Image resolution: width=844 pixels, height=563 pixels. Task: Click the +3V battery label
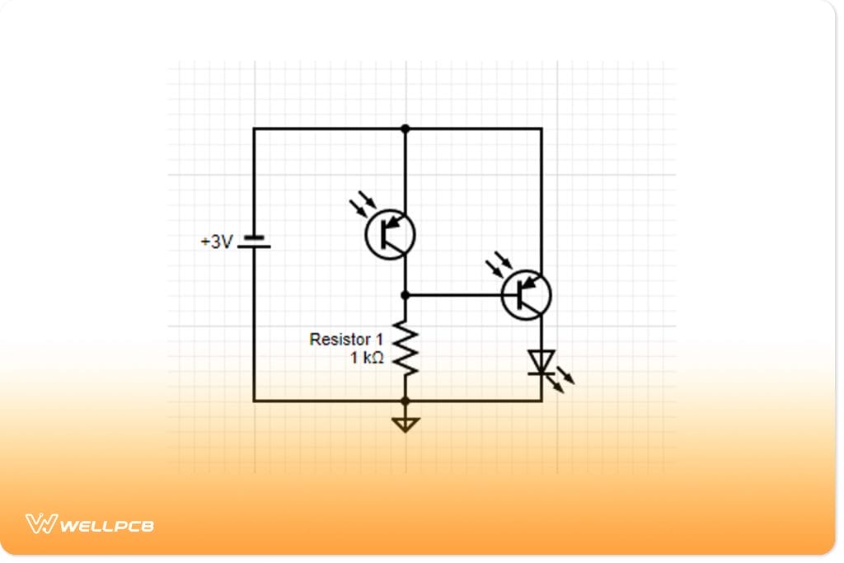pos(217,242)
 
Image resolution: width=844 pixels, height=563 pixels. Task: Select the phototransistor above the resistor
pos(391,234)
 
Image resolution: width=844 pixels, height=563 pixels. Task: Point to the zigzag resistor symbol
pos(406,347)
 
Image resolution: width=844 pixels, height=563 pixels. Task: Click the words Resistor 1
pos(346,339)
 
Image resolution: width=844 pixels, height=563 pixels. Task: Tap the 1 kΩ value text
pos(367,358)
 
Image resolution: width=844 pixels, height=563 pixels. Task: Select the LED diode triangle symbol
pos(542,361)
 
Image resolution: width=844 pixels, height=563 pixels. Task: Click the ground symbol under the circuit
pos(406,424)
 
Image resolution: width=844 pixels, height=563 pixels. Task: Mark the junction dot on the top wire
pos(406,129)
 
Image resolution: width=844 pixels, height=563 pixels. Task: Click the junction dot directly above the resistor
pos(406,294)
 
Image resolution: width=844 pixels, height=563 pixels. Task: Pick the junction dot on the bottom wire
pos(406,401)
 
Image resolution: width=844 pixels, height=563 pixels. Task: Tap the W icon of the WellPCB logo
pos(40,523)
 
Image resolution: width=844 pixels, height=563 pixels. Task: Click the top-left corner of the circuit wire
pos(254,129)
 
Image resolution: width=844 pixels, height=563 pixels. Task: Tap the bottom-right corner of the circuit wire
pos(542,401)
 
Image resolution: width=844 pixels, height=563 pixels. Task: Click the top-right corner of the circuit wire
pos(542,129)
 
